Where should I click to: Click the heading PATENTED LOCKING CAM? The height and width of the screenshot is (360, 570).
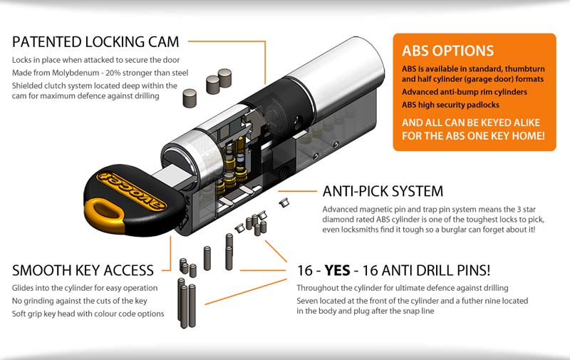(95, 40)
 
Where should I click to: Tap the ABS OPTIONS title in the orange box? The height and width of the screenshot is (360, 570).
(447, 51)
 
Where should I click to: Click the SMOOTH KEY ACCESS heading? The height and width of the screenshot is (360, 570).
(83, 270)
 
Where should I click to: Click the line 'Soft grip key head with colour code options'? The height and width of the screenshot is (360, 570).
(88, 314)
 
